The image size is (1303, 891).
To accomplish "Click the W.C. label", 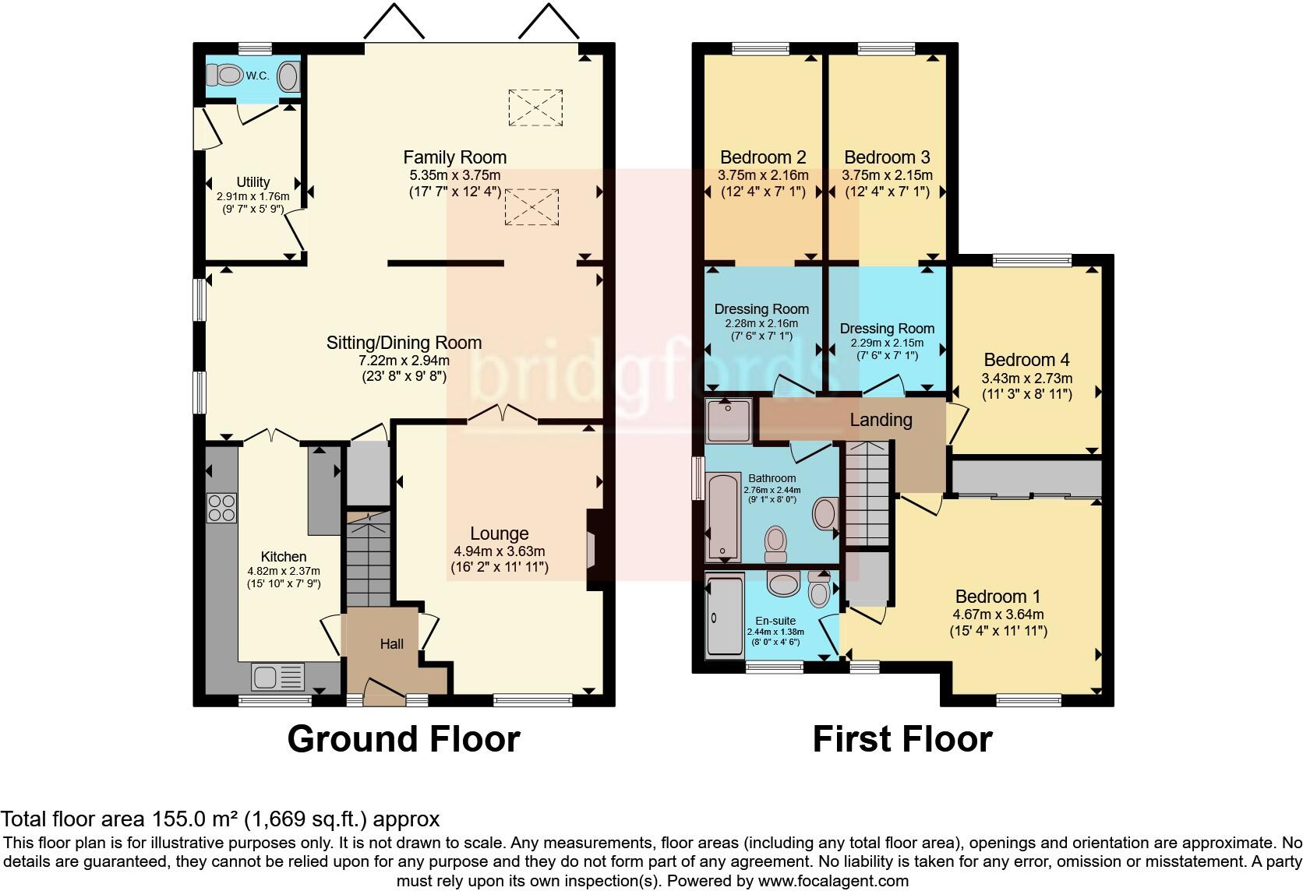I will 257,76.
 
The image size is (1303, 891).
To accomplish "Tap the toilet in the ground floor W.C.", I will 226,76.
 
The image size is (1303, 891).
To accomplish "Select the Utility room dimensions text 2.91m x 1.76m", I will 252,197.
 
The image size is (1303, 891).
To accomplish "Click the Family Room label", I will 454,157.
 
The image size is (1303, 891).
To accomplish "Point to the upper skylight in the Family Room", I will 535,107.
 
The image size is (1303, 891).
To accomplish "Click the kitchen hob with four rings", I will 221,508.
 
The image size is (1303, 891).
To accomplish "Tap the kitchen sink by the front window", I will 277,675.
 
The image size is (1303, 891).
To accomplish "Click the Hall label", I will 392,644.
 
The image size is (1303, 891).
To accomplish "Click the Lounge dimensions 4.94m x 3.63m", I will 499,551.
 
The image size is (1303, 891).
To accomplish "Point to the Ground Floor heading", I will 403,738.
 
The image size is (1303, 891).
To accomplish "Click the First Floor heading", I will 902,738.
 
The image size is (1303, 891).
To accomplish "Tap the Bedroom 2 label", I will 763,157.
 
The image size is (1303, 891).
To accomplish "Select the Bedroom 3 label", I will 887,157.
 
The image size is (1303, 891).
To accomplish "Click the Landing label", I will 881,420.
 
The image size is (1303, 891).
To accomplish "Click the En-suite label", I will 775,621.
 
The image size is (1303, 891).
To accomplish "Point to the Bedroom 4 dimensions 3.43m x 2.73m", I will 1026,379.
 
